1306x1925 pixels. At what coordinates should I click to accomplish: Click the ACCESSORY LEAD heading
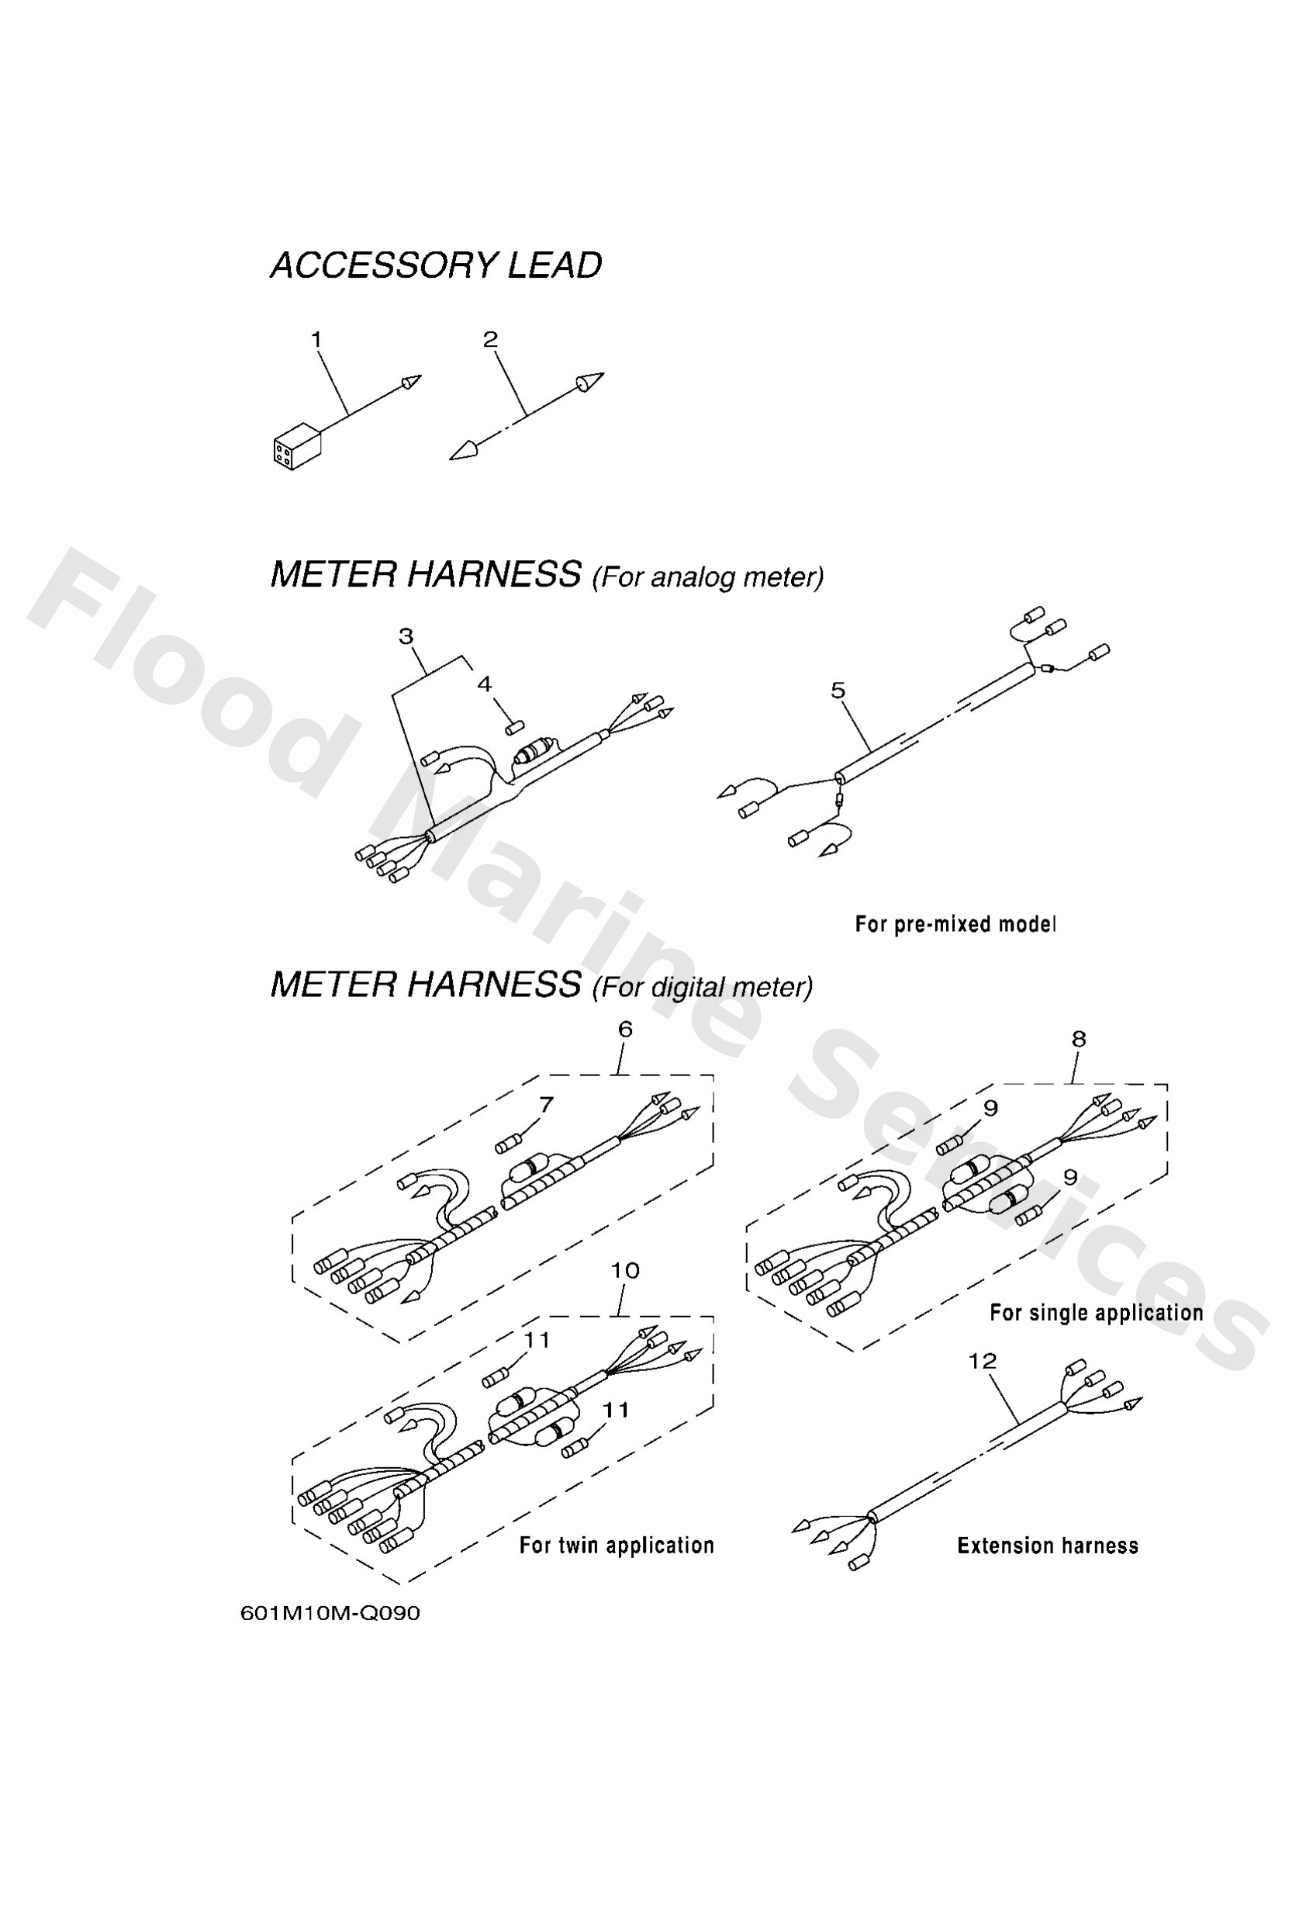point(436,266)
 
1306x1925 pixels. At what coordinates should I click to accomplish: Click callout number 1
point(316,339)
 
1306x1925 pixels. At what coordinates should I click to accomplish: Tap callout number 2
point(490,339)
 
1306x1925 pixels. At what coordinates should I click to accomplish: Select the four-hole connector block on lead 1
point(295,448)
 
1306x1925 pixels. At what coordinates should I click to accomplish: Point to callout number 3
point(406,636)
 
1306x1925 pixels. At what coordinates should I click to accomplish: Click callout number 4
point(485,684)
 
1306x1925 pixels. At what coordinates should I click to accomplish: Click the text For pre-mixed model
point(955,923)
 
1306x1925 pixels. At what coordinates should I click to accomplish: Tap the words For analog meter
point(708,577)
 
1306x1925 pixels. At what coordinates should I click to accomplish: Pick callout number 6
point(625,1029)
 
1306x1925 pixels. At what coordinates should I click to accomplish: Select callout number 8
point(1078,1039)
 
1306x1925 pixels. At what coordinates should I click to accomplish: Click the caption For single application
point(1096,1312)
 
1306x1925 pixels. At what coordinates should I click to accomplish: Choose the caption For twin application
point(616,1546)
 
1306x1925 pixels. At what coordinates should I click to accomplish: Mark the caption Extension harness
point(1047,1546)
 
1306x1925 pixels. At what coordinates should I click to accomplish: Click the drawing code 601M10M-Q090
point(330,1614)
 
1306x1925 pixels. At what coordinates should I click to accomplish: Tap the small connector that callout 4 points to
point(515,727)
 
